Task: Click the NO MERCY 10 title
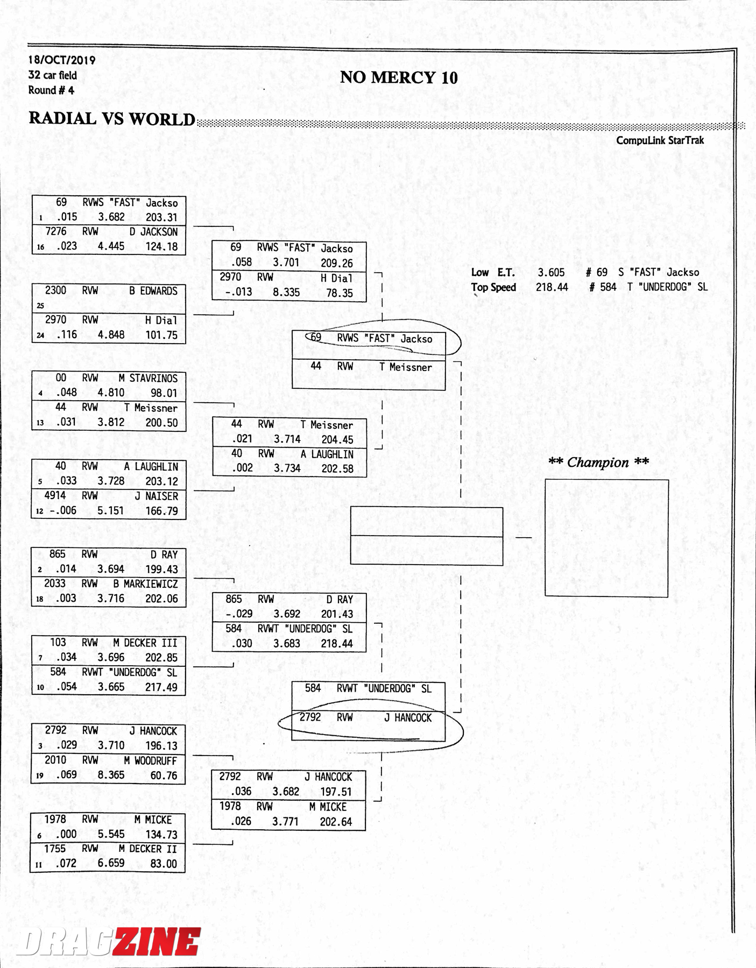(399, 77)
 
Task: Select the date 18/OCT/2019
(62, 60)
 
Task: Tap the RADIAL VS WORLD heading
(112, 118)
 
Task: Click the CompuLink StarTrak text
(660, 140)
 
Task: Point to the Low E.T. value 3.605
(551, 273)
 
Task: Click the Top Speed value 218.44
(552, 287)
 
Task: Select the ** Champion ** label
(598, 462)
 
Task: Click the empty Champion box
(606, 538)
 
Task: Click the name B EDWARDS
(153, 291)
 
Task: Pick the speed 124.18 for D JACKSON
(161, 247)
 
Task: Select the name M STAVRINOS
(148, 379)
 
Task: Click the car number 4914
(55, 496)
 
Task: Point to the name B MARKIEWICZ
(145, 584)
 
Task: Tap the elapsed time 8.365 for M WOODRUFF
(111, 775)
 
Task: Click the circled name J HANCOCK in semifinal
(408, 718)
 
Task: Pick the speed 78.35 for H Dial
(340, 293)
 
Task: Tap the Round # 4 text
(51, 90)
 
